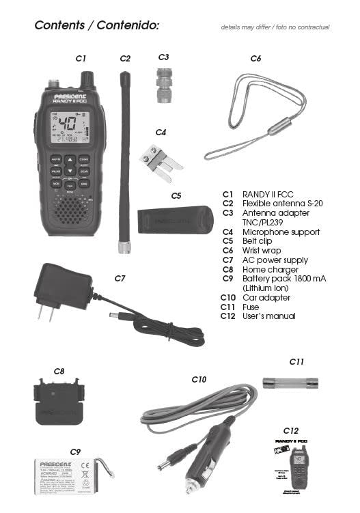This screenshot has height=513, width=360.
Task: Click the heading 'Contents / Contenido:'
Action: tap(96, 25)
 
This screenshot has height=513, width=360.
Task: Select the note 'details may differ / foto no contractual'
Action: tap(275, 27)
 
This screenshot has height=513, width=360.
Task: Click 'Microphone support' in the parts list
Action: tap(281, 232)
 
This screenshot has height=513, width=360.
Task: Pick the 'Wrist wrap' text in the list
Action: tap(261, 251)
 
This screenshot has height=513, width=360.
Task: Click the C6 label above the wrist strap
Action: tap(255, 59)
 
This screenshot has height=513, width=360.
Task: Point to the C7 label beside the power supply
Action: tap(120, 278)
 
